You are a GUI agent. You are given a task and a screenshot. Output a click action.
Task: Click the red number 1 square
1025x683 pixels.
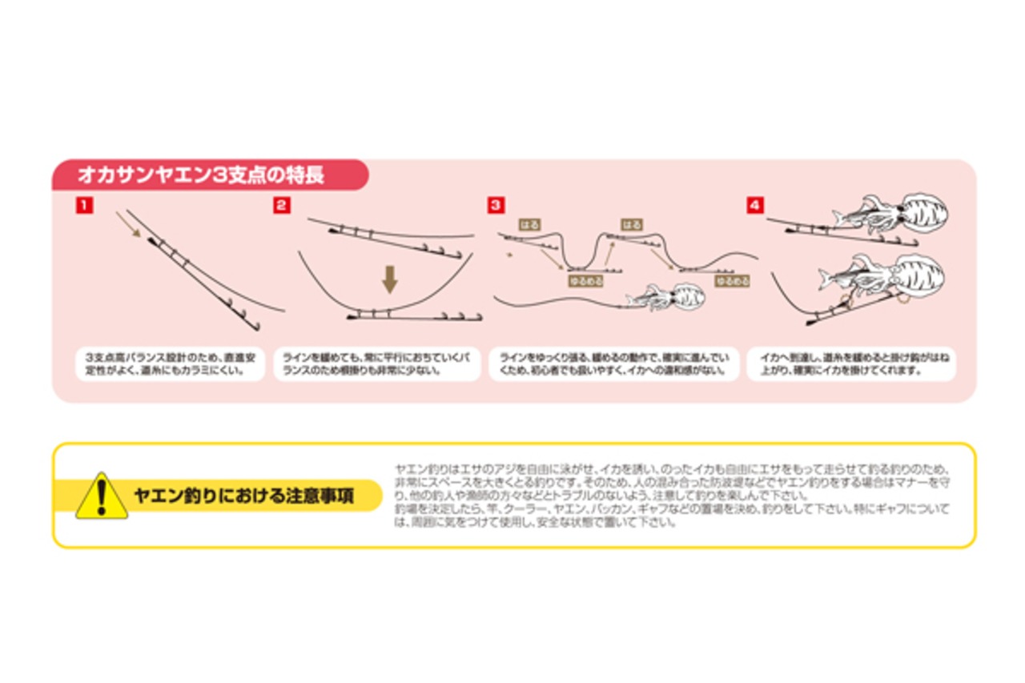[84, 206]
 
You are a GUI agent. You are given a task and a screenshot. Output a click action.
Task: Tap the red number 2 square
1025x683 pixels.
[282, 206]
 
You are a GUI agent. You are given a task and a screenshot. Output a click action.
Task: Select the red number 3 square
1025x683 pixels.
[496, 206]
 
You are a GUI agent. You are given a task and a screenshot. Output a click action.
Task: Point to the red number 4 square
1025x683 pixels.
[755, 206]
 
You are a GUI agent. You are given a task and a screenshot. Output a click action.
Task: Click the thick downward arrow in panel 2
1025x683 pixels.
[390, 279]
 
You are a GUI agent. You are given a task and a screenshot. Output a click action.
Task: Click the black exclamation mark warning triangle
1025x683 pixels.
[101, 496]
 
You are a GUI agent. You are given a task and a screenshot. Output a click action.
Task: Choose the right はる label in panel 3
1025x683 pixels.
[631, 225]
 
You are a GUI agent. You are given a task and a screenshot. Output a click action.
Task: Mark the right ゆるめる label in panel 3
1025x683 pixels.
[733, 281]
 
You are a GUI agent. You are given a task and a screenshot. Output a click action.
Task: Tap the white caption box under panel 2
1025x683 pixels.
[376, 363]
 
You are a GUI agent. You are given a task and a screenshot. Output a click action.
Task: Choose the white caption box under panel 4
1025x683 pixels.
[851, 363]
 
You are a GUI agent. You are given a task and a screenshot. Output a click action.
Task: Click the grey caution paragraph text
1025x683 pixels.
[673, 495]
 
